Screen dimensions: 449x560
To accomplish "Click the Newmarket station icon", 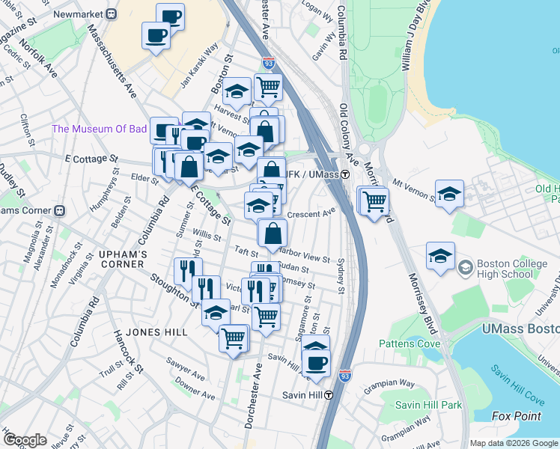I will point(112,13).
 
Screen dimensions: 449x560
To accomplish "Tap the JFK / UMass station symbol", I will point(345,175).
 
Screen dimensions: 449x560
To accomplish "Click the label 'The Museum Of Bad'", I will point(99,129).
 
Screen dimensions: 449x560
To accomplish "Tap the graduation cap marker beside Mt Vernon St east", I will point(449,193).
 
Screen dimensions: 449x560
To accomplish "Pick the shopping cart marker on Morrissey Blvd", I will point(374,200).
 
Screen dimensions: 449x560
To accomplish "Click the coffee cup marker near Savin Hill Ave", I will point(317,362).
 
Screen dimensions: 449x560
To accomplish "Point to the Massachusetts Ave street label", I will point(112,64).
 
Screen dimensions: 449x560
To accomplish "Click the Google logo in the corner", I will point(25,440).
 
